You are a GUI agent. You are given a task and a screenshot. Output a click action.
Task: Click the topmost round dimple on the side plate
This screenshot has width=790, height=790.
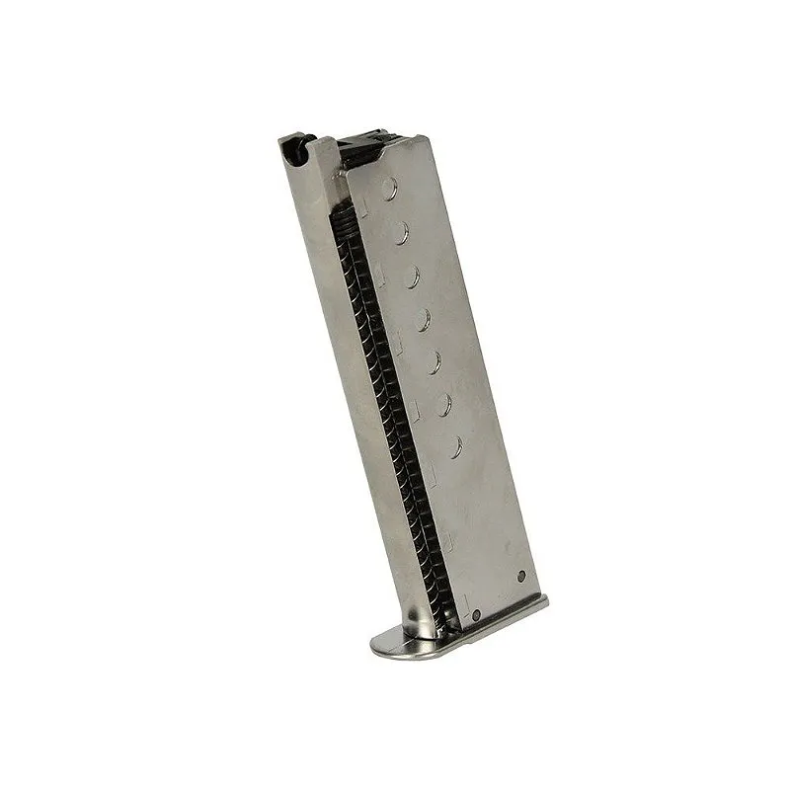click(389, 184)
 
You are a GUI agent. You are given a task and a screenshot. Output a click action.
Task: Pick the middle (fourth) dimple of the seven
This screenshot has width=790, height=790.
click(423, 318)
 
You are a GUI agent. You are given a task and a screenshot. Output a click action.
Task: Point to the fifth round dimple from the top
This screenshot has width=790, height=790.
click(433, 361)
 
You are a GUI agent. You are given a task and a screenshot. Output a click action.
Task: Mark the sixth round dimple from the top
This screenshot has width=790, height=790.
click(443, 405)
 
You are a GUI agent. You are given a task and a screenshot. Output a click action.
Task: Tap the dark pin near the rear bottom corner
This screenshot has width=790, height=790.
click(521, 577)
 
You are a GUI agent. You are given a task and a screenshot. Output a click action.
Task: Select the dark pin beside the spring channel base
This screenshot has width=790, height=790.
click(475, 614)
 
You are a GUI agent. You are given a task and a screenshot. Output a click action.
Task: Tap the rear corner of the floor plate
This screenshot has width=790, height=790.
click(545, 602)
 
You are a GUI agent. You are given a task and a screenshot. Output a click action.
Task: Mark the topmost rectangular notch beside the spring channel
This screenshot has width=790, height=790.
click(364, 205)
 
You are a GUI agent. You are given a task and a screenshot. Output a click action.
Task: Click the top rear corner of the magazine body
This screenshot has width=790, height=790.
click(424, 139)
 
